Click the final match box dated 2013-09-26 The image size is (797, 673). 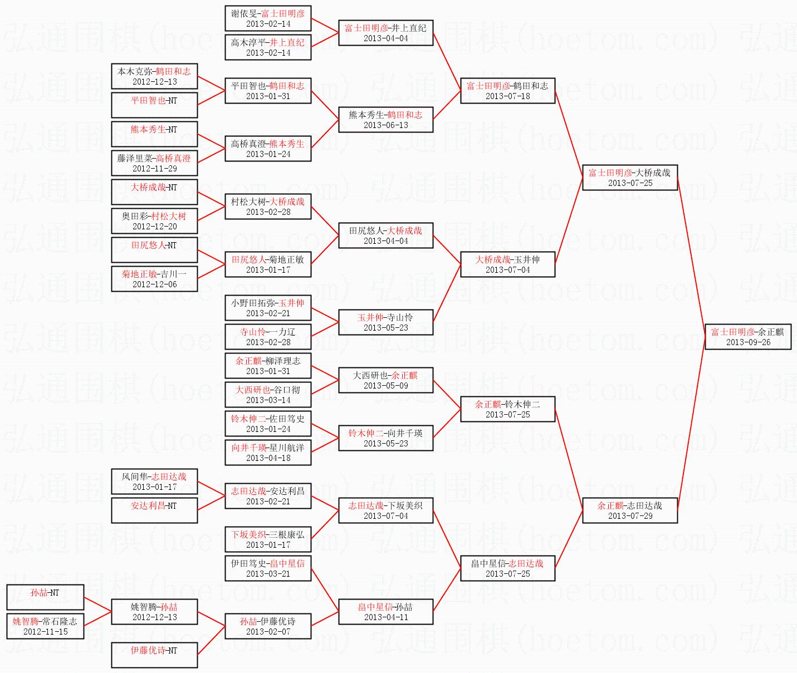point(748,336)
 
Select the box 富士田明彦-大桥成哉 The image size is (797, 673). point(630,178)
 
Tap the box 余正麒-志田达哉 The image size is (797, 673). point(630,510)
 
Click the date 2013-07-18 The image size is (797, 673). point(508,96)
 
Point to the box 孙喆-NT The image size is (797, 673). point(45,597)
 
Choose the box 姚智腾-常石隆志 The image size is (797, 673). point(45,626)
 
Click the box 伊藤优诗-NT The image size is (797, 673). point(154,655)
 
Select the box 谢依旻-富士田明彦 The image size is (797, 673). point(268,18)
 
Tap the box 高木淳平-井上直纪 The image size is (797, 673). point(268,47)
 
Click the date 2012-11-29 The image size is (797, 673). point(155,169)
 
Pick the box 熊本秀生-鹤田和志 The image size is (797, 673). point(385,120)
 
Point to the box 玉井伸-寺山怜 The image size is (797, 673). point(385,322)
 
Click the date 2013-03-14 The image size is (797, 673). point(268,400)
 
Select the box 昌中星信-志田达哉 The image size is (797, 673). point(508,568)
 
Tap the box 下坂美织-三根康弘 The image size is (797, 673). point(268,539)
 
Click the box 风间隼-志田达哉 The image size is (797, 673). point(154,482)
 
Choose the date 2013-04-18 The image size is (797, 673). point(268,458)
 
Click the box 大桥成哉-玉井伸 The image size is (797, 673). point(508,264)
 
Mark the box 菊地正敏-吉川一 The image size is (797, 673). point(154,279)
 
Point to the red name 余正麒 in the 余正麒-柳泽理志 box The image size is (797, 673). point(248,361)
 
